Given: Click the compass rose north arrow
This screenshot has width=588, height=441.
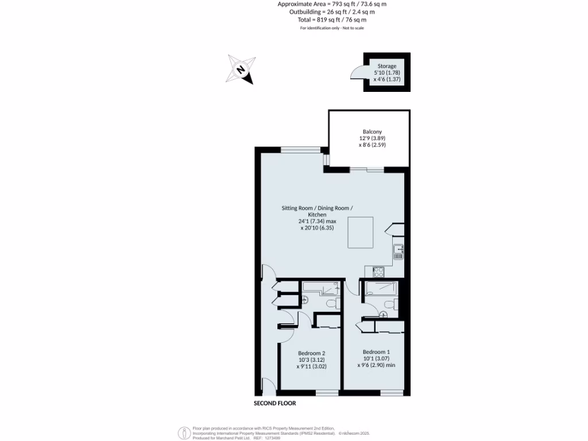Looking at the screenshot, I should [241, 69].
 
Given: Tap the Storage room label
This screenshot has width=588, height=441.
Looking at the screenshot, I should [386, 66].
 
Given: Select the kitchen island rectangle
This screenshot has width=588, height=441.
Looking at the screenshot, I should [361, 232].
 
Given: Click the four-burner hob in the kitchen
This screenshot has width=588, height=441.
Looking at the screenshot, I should [378, 269].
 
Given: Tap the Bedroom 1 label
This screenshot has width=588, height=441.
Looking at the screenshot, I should [376, 351].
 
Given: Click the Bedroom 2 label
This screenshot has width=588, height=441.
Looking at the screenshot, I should [312, 353].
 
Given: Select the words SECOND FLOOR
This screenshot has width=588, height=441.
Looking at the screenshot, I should [275, 404].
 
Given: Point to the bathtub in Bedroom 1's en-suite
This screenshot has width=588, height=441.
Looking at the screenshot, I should [379, 288].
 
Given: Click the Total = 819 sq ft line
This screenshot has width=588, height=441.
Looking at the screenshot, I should [328, 20].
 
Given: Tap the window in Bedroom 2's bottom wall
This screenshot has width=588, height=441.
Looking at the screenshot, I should [327, 393].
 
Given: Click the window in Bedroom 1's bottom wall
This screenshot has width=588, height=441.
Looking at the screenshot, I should [391, 393].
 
